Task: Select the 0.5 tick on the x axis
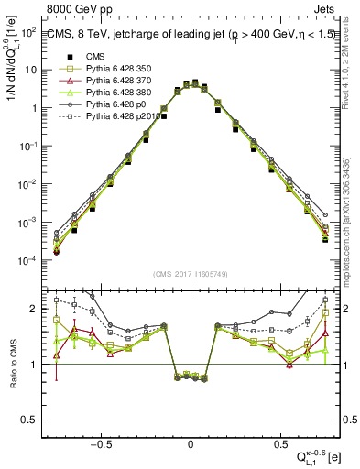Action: pyautogui.click(x=278, y=442)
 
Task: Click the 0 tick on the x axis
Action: pyautogui.click(x=191, y=442)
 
